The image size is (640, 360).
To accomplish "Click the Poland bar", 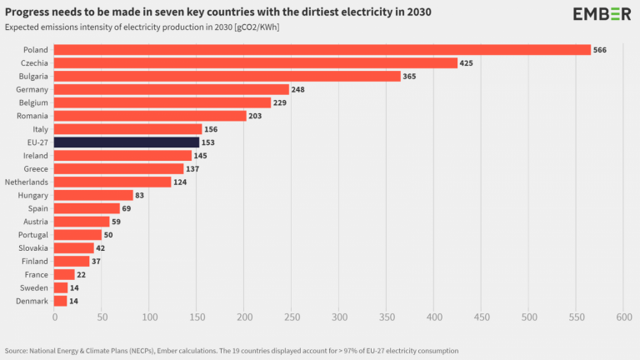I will [322, 50].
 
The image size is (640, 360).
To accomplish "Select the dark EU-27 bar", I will [127, 142].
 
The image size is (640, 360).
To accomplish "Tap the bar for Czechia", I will [255, 63].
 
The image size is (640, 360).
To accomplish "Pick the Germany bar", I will [171, 89].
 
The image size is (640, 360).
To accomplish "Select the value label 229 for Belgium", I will [283, 102].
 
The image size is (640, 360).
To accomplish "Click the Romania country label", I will [32, 116].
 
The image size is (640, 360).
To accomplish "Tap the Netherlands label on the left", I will [25, 182].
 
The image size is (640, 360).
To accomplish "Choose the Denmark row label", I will [32, 301].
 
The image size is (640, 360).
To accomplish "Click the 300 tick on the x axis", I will [339, 317].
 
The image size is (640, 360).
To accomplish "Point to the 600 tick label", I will [623, 317].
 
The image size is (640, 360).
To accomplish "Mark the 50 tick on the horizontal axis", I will [102, 317].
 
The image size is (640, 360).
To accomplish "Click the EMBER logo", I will [602, 14].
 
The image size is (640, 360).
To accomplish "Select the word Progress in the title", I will [31, 12].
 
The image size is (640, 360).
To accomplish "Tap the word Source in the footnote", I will [18, 350].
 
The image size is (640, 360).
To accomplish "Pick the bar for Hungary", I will [93, 195].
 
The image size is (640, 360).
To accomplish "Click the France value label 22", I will [82, 274].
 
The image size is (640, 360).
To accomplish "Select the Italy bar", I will [127, 129].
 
